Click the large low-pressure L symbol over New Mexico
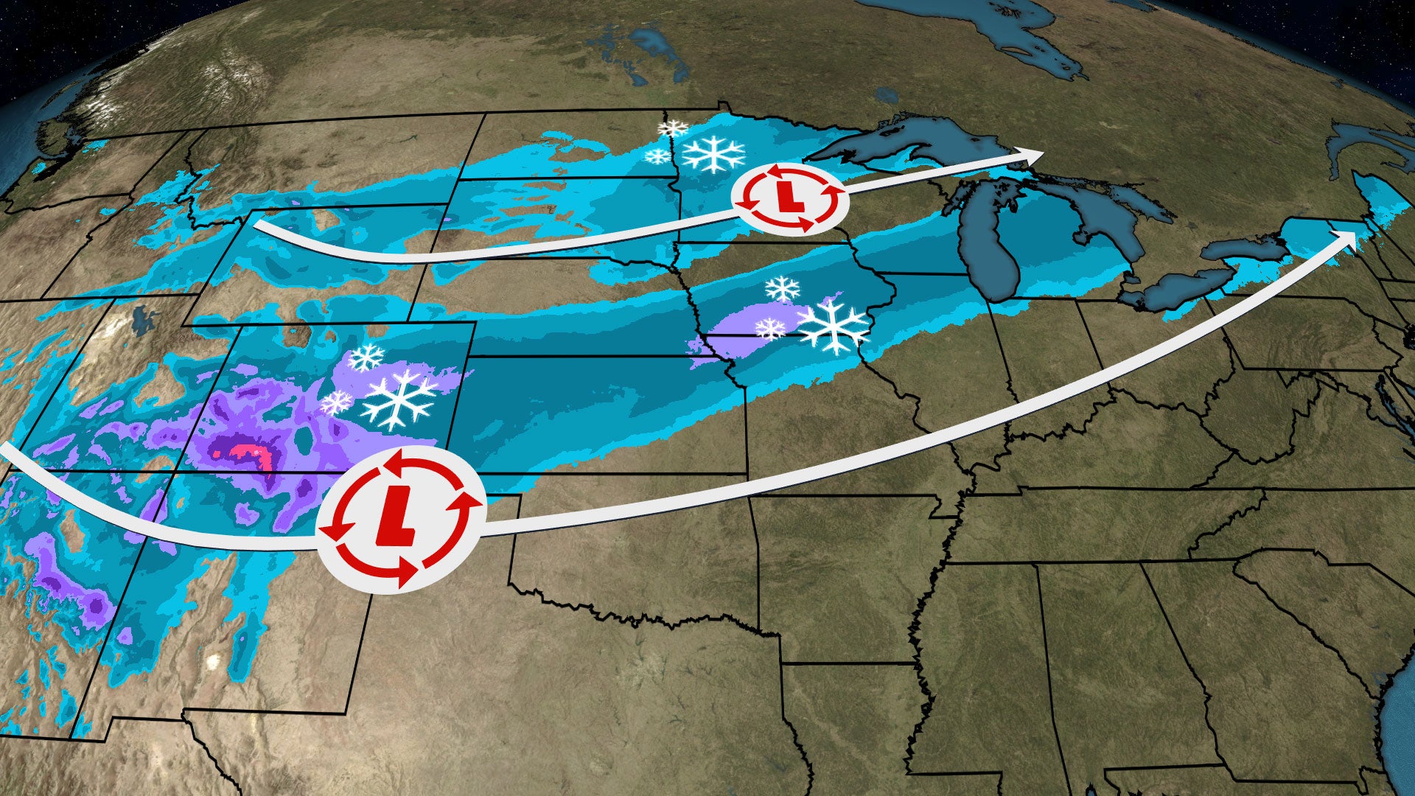400,517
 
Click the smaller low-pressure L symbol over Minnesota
789,197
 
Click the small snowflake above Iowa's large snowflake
782,288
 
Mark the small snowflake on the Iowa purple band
771,328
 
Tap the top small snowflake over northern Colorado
366,357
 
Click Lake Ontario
1245,249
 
